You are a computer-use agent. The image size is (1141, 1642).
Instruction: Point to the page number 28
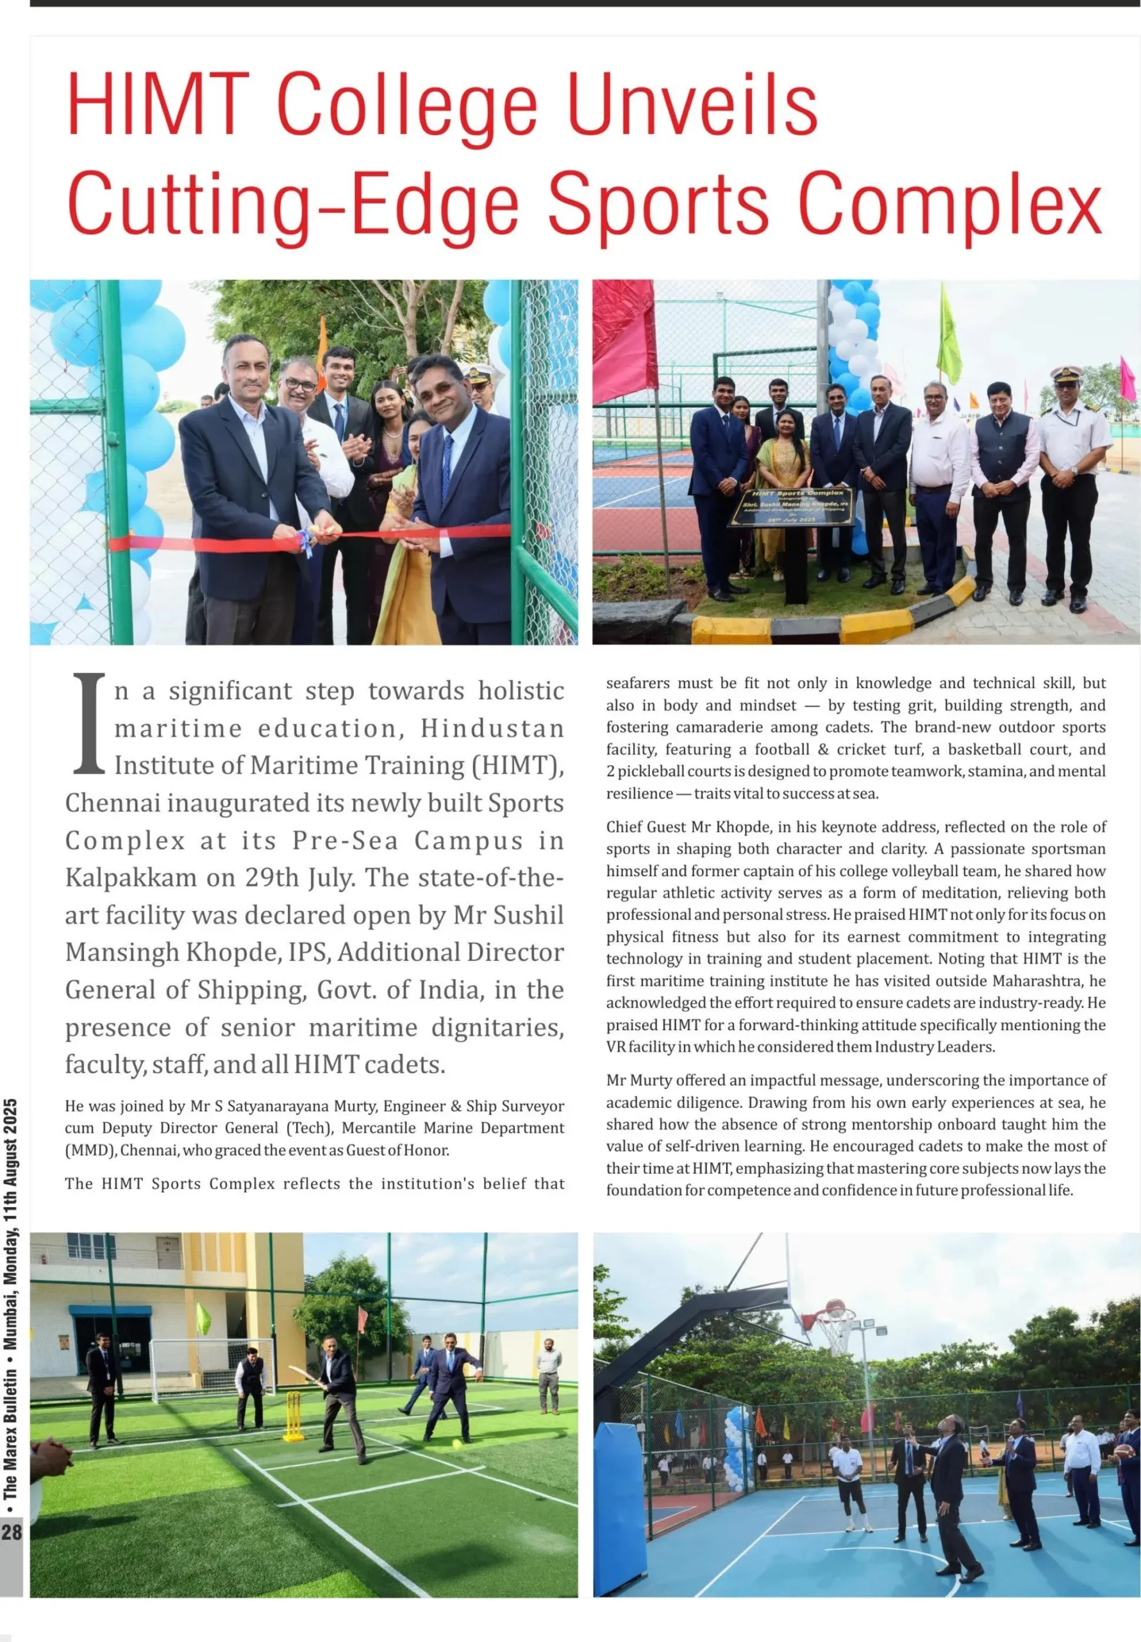click(x=12, y=1532)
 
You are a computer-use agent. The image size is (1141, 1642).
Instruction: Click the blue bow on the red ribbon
click(x=306, y=541)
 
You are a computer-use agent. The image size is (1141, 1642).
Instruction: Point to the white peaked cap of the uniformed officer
click(x=1066, y=373)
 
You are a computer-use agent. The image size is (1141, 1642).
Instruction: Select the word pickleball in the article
click(x=651, y=772)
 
